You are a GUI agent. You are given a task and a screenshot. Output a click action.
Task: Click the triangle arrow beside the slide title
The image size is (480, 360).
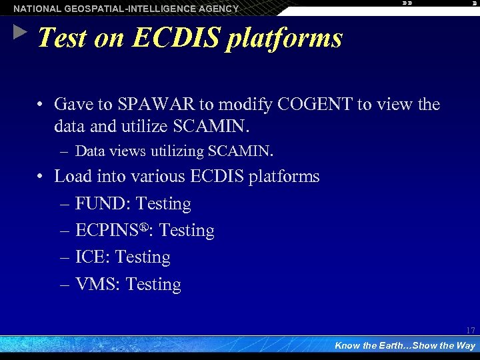point(20,32)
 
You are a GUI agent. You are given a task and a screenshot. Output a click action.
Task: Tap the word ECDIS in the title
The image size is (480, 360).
point(176,39)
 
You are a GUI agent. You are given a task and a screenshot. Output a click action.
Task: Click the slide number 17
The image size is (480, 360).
point(471,331)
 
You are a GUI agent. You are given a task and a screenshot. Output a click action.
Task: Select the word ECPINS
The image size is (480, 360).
point(107,231)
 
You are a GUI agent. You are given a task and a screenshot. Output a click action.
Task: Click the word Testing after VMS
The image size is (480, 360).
point(153,285)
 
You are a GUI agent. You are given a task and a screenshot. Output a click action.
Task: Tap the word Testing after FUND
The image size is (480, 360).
point(163,204)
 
